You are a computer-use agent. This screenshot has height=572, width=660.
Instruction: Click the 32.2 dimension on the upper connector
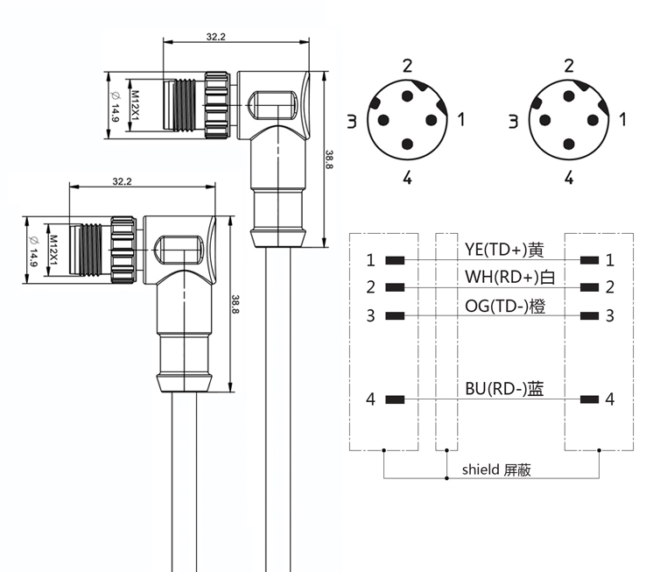pyautogui.click(x=215, y=37)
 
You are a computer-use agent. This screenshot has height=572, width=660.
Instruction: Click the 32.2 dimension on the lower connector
pyautogui.click(x=122, y=181)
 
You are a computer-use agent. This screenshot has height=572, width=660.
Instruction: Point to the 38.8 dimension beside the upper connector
pyautogui.click(x=329, y=159)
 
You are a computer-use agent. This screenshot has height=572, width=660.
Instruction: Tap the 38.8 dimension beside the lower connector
pyautogui.click(x=235, y=304)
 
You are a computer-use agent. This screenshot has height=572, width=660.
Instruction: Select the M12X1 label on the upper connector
pyautogui.click(x=135, y=105)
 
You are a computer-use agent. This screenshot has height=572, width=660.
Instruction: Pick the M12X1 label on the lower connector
pyautogui.click(x=53, y=251)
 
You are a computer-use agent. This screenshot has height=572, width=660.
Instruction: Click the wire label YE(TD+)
pyautogui.click(x=495, y=250)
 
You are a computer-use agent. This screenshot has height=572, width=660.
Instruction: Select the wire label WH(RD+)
pyautogui.click(x=502, y=277)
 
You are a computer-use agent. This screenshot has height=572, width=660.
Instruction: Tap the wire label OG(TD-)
pyautogui.click(x=496, y=307)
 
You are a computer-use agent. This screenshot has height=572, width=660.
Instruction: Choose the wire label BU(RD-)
pyautogui.click(x=495, y=388)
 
